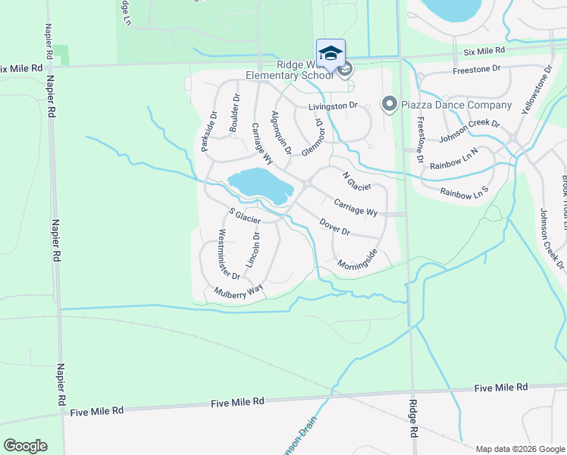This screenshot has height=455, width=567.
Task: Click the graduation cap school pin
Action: click(330, 53)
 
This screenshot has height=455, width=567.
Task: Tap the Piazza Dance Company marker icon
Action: click(390, 104)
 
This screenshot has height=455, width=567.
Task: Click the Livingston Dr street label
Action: click(332, 105)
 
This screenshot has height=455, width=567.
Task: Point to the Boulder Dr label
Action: click(236, 113)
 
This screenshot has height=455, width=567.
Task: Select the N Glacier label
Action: click(356, 182)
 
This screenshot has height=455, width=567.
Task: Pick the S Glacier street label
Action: click(245, 215)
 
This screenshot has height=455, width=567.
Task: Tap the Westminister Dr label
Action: click(229, 253)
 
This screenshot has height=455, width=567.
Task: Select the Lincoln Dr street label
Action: click(256, 248)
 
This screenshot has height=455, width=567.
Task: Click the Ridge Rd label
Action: click(414, 418)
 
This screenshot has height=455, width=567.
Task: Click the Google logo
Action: click(25, 446)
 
